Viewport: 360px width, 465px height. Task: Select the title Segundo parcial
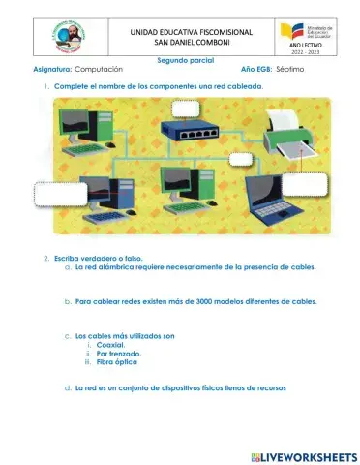coord(185,60)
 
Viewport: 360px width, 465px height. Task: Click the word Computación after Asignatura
coord(99,70)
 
